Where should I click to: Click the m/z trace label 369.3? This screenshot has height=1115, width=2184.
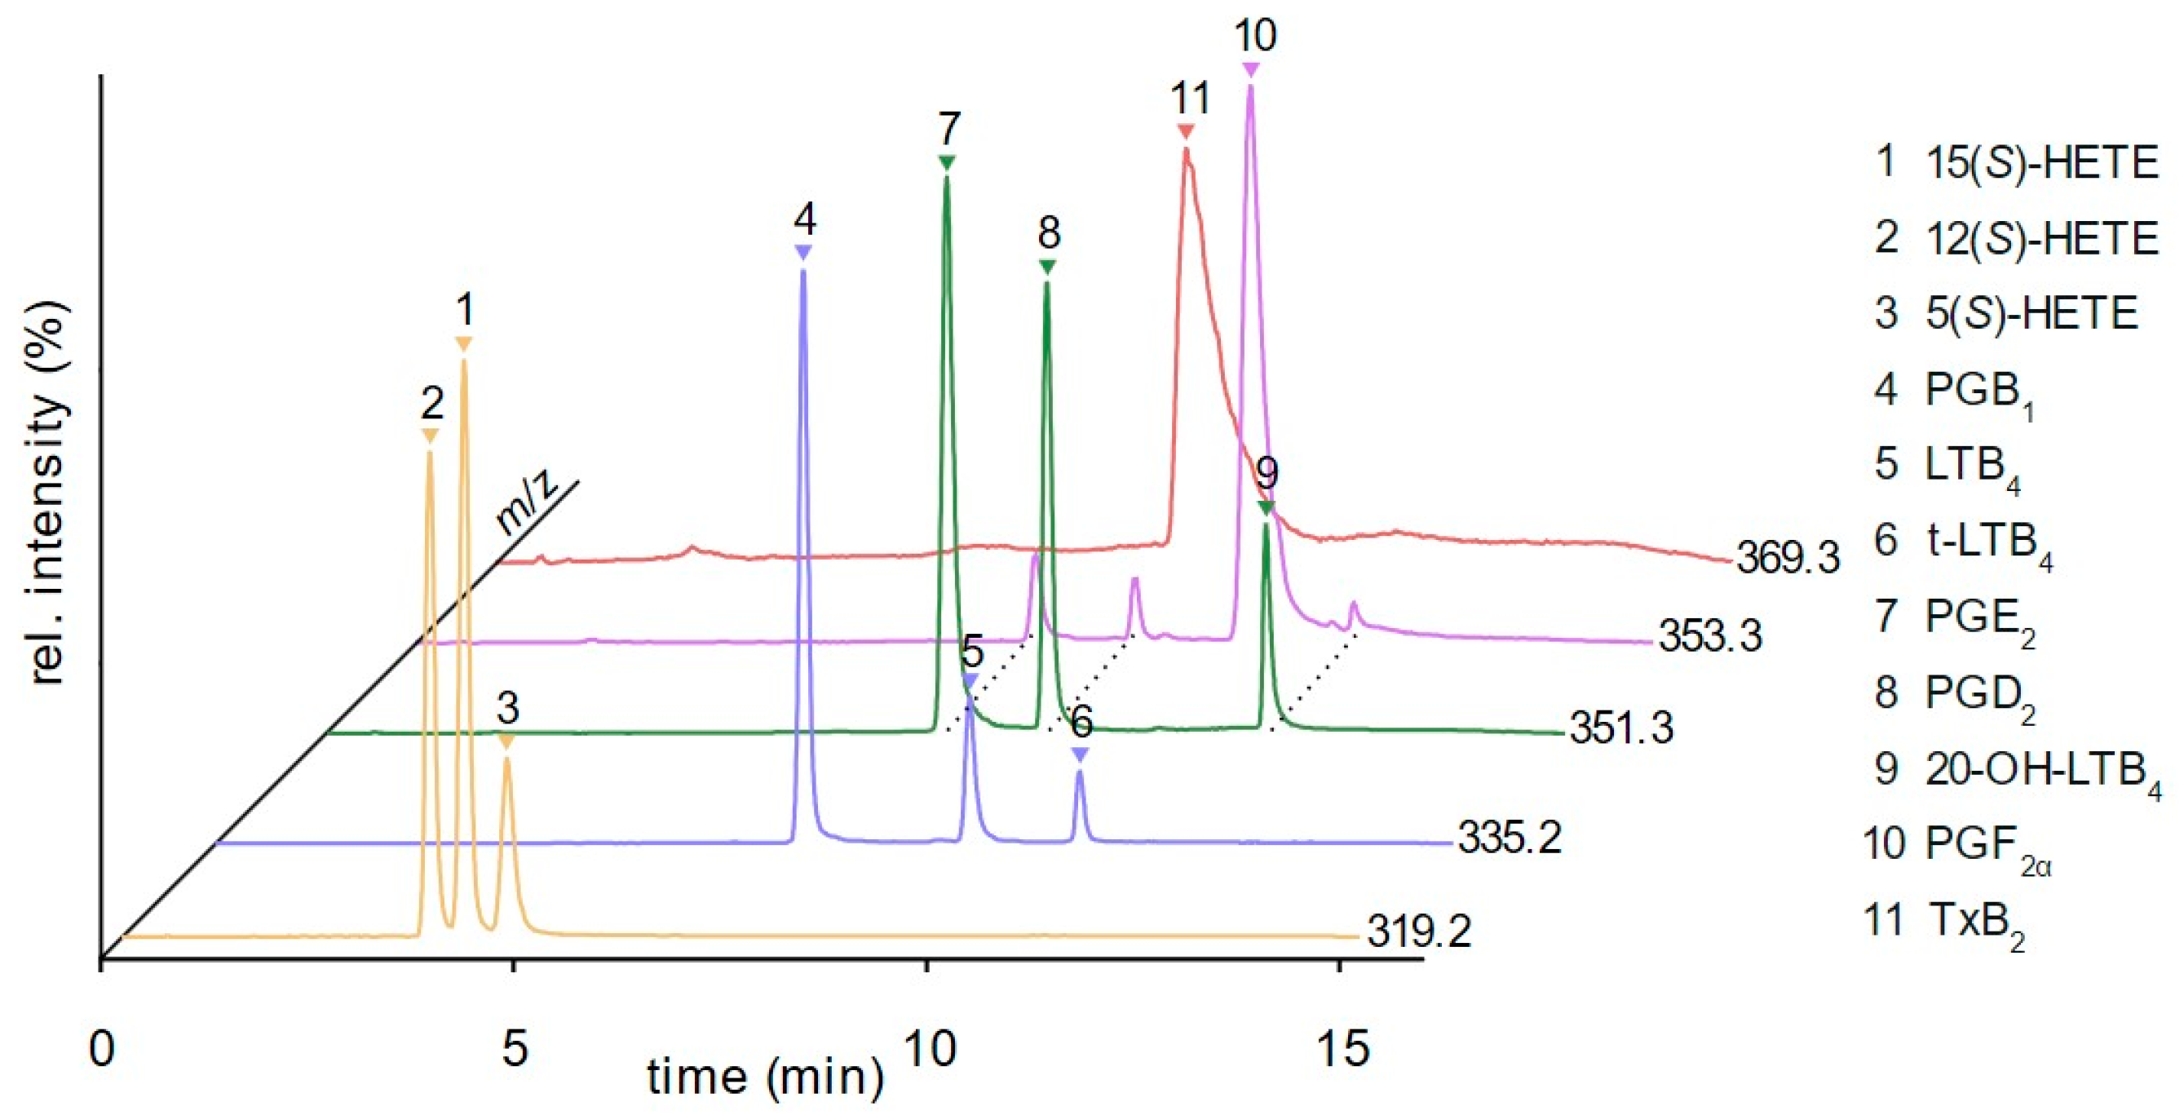point(1787,560)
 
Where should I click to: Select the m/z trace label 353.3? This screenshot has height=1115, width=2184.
point(1710,637)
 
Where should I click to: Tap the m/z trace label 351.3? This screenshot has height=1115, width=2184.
point(1621,729)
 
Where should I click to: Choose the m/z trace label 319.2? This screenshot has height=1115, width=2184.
point(1418,932)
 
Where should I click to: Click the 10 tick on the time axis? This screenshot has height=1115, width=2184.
point(929,1050)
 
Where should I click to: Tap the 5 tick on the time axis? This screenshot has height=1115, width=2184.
point(514,1050)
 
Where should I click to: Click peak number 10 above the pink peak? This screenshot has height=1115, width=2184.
point(1255,36)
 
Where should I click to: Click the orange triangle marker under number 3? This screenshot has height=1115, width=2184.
point(506,742)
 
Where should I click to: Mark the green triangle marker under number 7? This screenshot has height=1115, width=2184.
point(947,163)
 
